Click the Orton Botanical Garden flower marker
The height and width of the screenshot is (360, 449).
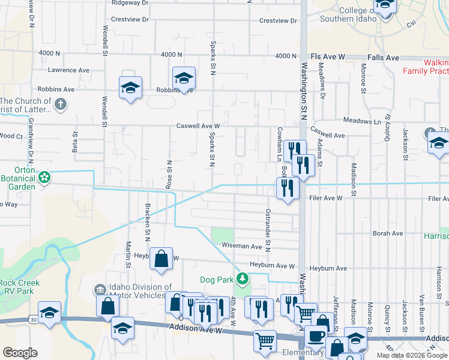click(44, 178)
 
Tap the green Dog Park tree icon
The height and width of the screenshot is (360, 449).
click(242, 278)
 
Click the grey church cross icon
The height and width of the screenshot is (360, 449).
click(59, 104)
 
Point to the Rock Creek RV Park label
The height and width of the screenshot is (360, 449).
click(20, 287)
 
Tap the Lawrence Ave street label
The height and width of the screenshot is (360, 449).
click(69, 70)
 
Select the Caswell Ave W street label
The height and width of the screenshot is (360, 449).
click(198, 126)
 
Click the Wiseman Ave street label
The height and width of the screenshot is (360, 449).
click(242, 246)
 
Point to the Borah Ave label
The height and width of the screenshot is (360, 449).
click(387, 233)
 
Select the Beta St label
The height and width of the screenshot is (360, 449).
click(75, 142)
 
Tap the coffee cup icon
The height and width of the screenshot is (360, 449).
click(315, 336)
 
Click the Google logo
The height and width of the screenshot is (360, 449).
click(20, 353)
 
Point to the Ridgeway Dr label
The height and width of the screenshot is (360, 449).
click(130, 3)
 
